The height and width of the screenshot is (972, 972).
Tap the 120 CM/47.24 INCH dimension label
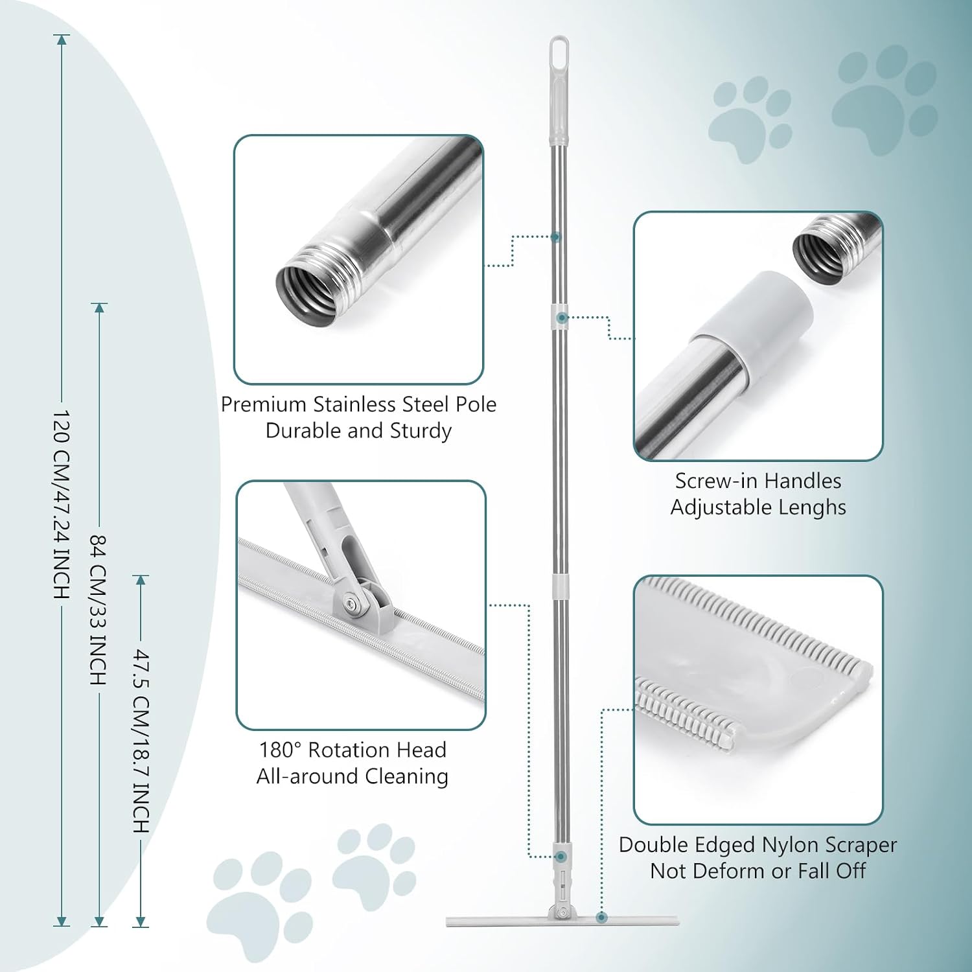(x=61, y=505)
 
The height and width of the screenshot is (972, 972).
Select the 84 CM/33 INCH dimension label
(x=98, y=610)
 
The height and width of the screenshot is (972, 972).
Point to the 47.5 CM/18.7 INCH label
(x=141, y=741)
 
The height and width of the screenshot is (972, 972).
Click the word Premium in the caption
(x=263, y=404)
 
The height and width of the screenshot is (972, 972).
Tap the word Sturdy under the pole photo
(x=421, y=431)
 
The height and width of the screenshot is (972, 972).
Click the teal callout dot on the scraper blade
(x=601, y=917)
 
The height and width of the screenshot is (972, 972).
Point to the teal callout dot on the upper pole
(x=555, y=237)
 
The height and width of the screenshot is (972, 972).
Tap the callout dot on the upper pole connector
(x=562, y=318)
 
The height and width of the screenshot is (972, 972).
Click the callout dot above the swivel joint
(x=561, y=857)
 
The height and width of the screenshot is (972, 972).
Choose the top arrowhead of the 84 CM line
(x=99, y=308)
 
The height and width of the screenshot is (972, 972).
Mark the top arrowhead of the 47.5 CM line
(x=141, y=579)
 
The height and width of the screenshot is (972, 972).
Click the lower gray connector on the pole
(x=561, y=584)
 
